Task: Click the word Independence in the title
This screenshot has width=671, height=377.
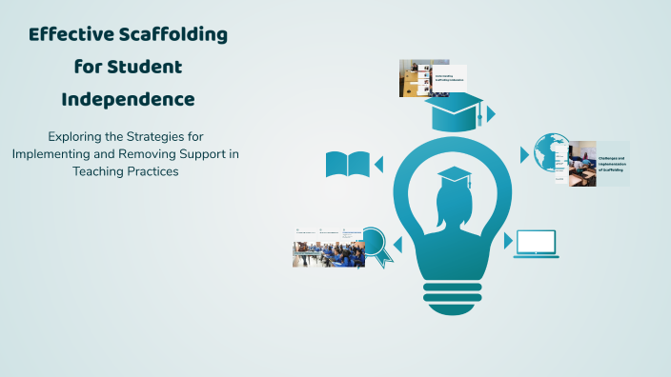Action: coord(128,99)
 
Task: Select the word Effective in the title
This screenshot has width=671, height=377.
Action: coord(69,36)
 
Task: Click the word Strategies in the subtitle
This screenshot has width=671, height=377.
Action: coord(169,136)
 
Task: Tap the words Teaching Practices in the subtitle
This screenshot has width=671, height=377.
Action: coord(128,172)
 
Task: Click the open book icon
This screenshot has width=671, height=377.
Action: coord(347,165)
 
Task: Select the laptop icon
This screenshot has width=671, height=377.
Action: coord(536,244)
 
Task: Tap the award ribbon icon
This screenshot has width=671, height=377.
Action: coord(376,245)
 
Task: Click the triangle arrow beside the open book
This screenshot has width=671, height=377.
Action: coord(378,165)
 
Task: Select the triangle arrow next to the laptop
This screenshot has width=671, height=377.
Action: coord(508,242)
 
